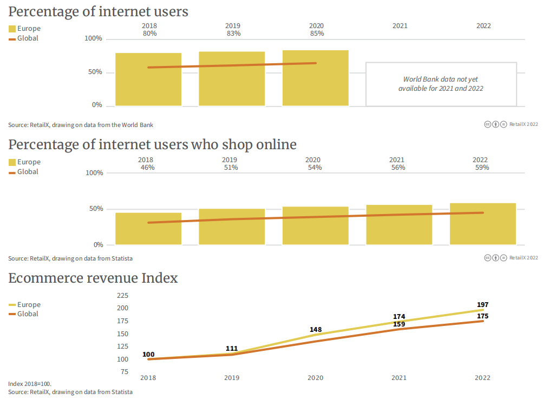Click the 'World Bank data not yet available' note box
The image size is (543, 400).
point(441,84)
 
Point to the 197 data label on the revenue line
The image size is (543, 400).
point(482,305)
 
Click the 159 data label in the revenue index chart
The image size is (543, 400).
point(399,324)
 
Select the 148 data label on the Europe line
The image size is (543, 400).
point(316,329)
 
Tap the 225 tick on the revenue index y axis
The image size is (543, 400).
point(123,296)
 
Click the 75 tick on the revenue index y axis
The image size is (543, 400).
point(125,372)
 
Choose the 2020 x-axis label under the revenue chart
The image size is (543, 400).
point(315,378)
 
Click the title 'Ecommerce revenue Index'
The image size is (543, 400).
point(93,278)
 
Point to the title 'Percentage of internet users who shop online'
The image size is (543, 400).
point(152,145)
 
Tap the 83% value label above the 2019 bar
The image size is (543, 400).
point(233,34)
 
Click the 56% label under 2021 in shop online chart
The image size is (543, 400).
point(398,168)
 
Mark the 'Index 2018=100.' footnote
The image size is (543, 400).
point(30,384)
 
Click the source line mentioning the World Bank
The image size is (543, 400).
point(81,125)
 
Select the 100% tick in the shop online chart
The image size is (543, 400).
point(94,173)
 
